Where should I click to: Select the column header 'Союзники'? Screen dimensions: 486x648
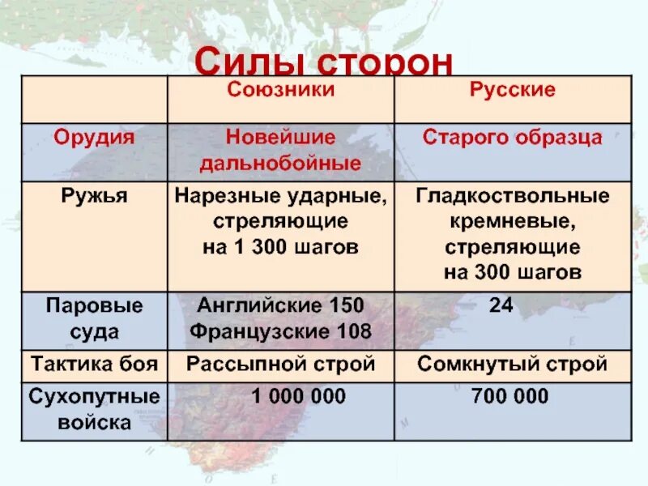click(x=280, y=89)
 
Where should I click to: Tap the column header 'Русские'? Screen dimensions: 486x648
click(x=513, y=89)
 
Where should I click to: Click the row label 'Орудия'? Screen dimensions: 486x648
click(x=94, y=137)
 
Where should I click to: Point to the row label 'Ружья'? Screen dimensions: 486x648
click(x=95, y=195)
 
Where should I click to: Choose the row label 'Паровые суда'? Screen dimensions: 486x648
click(x=94, y=318)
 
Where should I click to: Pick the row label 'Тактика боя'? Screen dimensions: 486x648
click(x=94, y=364)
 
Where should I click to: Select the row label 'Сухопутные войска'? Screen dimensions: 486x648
click(x=94, y=409)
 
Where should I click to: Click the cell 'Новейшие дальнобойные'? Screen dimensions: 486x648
click(x=280, y=150)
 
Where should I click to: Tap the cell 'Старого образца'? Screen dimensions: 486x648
click(x=513, y=137)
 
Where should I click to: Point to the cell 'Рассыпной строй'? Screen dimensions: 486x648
click(x=280, y=364)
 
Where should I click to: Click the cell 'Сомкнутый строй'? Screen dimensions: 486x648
click(x=513, y=364)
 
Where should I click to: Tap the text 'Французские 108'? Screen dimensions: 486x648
click(x=280, y=331)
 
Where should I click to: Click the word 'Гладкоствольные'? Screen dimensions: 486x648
click(x=513, y=195)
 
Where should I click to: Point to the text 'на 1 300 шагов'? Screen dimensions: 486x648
click(x=280, y=247)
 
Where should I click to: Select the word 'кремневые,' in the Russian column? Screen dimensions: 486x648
click(x=513, y=221)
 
